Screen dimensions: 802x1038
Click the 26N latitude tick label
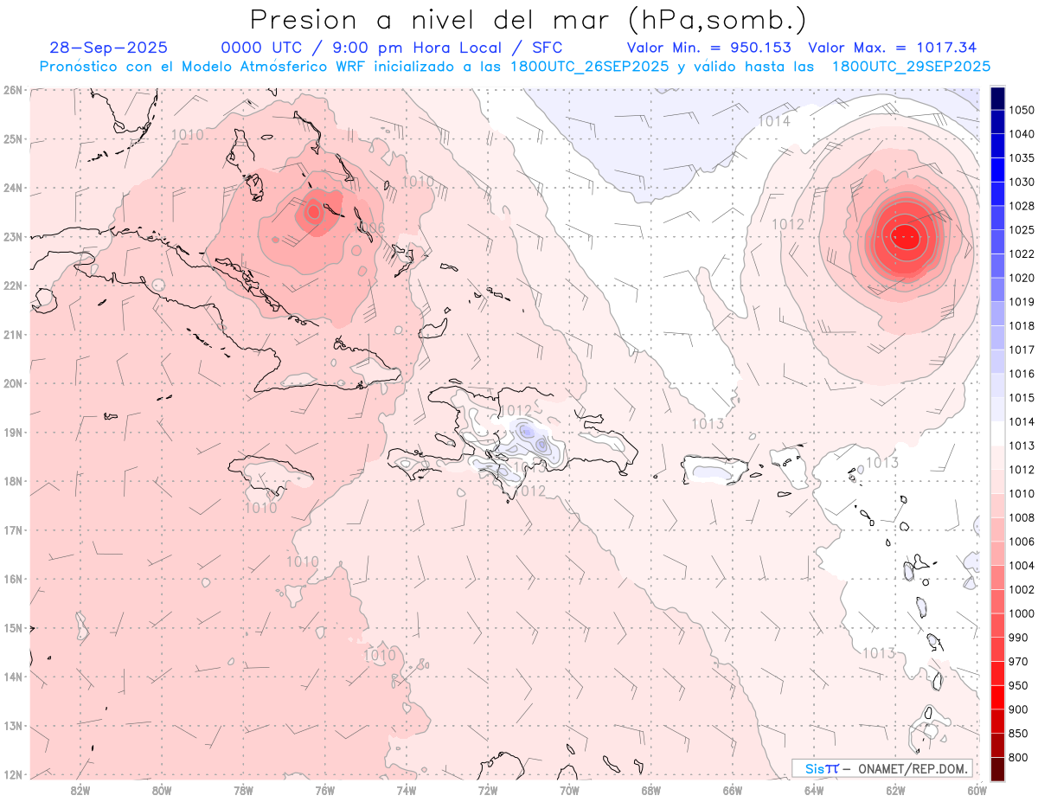coord(12,90)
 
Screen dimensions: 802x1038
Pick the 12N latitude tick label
coord(12,774)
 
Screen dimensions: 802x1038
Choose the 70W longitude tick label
coord(569,790)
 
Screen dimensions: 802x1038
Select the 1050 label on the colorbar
coord(1022,110)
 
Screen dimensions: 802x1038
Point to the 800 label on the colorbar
coord(1019,758)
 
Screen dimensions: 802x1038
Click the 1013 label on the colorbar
coord(1022,446)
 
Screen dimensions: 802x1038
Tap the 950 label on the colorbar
coord(1019,685)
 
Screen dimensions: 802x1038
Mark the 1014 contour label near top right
coord(774,121)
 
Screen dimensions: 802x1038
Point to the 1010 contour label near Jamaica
coord(260,508)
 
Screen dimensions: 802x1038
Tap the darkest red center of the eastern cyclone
coord(904,234)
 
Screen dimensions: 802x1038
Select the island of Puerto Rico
coord(715,471)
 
